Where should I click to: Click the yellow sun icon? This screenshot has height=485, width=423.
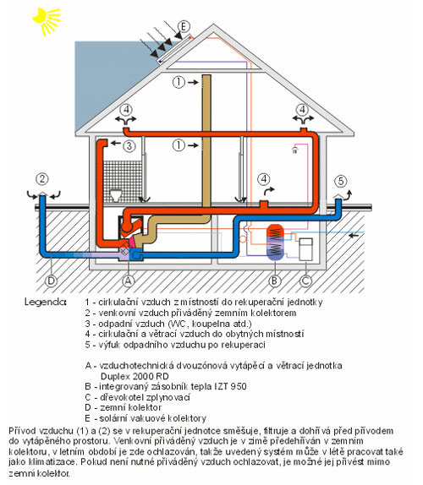tap(47, 20)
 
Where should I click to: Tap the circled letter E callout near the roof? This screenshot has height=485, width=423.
tap(184, 26)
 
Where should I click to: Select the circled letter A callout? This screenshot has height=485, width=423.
tap(129, 281)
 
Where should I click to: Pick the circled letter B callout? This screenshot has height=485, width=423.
tap(274, 281)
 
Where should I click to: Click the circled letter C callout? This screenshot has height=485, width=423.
tap(305, 281)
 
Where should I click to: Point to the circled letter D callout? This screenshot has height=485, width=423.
tap(51, 281)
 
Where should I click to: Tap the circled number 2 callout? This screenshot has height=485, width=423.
tap(42, 179)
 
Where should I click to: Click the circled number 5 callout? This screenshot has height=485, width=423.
tap(341, 181)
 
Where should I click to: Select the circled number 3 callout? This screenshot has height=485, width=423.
tap(129, 145)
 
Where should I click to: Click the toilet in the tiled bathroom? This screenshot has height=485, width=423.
tap(116, 195)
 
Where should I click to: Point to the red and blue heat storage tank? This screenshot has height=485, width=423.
tap(275, 242)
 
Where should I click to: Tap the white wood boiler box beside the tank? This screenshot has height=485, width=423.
tap(306, 249)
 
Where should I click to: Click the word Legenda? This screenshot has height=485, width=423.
tap(45, 302)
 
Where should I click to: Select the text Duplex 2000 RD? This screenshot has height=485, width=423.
tap(135, 377)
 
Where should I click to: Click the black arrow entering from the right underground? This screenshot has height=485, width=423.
tap(354, 236)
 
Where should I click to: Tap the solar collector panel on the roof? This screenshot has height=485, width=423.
tap(174, 49)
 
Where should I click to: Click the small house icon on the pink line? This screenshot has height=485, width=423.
tap(294, 150)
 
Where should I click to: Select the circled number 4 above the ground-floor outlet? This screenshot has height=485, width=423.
tap(264, 179)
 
